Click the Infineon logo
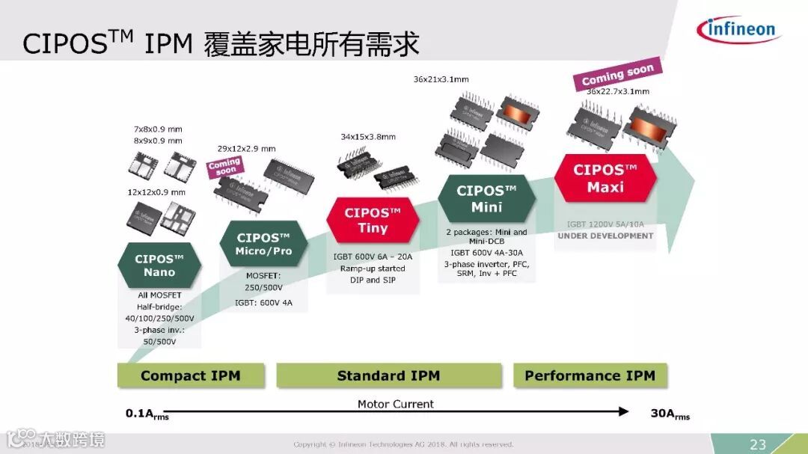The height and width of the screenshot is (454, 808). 738,30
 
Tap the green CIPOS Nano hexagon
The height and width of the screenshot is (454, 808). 159,266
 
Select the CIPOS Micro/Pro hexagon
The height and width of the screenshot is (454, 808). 263,244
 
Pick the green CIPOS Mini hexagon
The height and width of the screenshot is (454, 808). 486,198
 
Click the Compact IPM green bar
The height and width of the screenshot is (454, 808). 190,375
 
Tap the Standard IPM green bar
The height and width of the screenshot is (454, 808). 388,375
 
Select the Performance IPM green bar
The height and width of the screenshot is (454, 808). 590,375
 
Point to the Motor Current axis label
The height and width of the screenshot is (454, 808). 395,404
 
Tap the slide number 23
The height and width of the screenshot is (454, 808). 758,444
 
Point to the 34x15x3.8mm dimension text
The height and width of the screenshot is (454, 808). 368,137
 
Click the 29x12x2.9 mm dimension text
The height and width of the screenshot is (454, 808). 246,148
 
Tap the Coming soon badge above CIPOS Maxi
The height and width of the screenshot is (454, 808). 618,75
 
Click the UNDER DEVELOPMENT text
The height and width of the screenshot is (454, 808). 605,236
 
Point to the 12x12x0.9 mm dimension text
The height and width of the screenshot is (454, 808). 156,192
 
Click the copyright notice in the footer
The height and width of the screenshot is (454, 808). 403,444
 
